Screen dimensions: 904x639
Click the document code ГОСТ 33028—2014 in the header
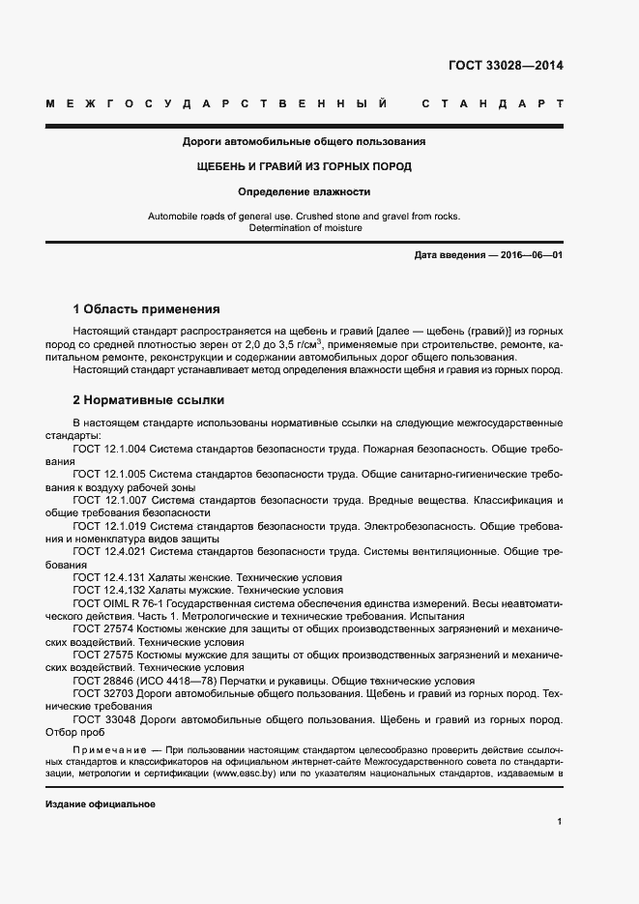(x=505, y=67)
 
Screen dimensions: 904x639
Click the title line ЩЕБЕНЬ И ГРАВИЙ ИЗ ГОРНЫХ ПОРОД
(x=305, y=166)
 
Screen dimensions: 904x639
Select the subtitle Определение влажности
(x=305, y=191)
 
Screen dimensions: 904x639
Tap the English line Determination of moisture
(x=305, y=228)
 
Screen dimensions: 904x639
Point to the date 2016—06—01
(x=530, y=254)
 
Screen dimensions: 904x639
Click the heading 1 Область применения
(x=147, y=310)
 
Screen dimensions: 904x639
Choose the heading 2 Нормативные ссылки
(x=148, y=399)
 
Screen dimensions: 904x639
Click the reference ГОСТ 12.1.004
(x=109, y=450)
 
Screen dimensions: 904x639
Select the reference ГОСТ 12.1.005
(x=109, y=475)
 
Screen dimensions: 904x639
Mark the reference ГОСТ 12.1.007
(x=109, y=500)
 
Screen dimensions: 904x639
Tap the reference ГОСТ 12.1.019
(x=109, y=525)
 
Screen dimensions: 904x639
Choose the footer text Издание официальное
(x=101, y=804)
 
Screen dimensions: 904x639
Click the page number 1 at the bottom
(x=560, y=821)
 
